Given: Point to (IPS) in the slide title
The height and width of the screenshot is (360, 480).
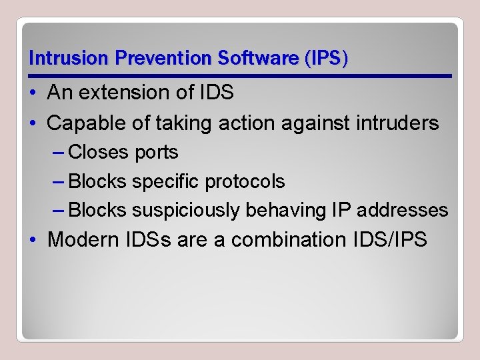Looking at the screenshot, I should click(x=325, y=58).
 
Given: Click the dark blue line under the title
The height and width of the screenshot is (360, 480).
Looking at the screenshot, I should click(x=240, y=76).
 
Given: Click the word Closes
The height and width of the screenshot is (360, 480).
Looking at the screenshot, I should click(x=98, y=153).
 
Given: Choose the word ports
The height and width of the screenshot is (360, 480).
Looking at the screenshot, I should click(x=156, y=153).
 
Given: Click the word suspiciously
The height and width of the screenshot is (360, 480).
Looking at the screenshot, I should click(x=186, y=210).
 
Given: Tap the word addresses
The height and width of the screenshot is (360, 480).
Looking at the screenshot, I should click(x=403, y=210).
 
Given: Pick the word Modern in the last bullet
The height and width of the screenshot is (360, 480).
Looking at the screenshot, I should click(x=83, y=239).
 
